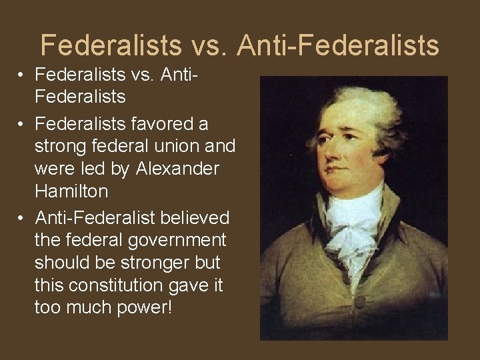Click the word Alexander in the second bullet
click(x=177, y=169)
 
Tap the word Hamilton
click(x=71, y=192)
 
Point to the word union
click(x=189, y=147)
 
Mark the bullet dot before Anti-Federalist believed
click(x=21, y=218)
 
